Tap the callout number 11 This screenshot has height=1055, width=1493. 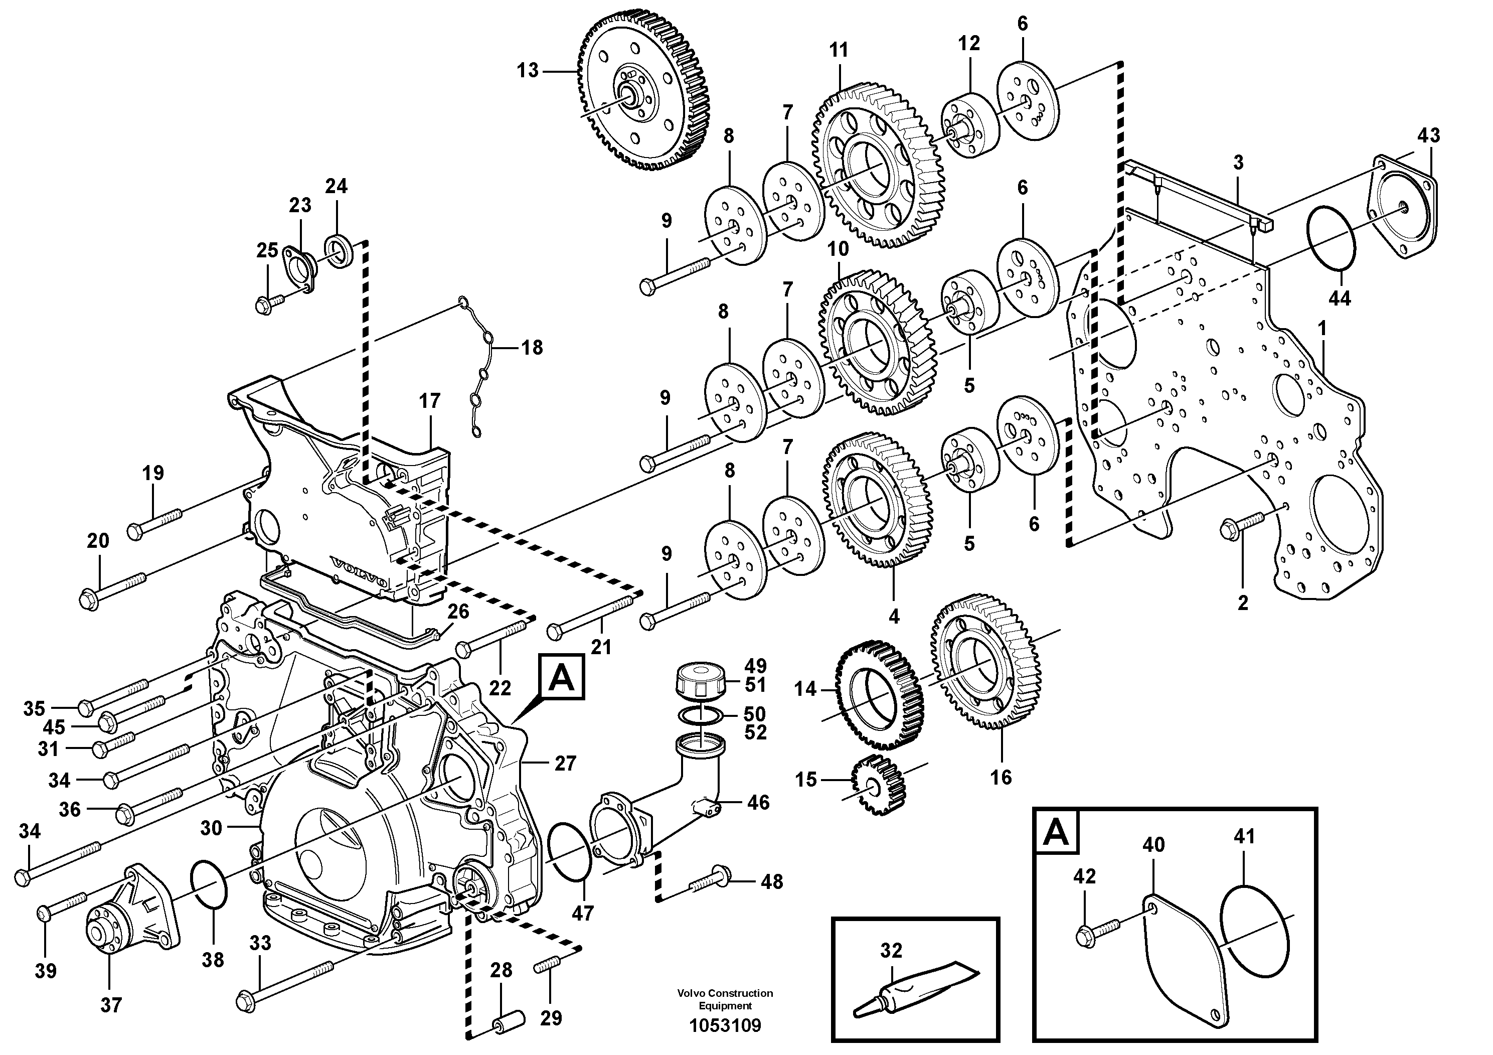tap(839, 50)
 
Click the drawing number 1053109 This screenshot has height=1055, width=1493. tap(725, 1026)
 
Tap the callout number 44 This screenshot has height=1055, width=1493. tap(1340, 298)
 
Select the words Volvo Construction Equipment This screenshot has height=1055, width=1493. tap(725, 998)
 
